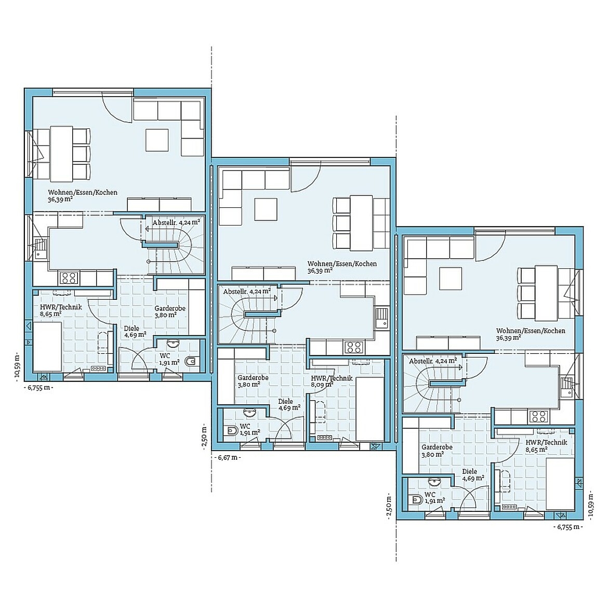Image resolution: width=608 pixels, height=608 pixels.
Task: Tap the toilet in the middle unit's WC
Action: (x=230, y=431)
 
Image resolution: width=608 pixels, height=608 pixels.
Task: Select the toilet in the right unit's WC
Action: (x=416, y=500)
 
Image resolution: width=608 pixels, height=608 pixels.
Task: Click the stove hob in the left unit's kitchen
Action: (x=69, y=277)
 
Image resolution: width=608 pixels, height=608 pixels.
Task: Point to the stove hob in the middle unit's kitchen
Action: (x=354, y=346)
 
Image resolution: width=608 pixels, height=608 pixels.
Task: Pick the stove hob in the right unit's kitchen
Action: (x=538, y=416)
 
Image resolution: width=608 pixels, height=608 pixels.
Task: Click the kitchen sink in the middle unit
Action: (x=382, y=316)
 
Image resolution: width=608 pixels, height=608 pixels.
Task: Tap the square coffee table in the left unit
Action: (x=157, y=140)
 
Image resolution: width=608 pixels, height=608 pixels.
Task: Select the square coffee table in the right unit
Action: (x=450, y=278)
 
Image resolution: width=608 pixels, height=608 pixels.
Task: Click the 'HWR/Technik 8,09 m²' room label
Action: (x=332, y=381)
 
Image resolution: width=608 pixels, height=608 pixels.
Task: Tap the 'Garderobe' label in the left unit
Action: (x=169, y=311)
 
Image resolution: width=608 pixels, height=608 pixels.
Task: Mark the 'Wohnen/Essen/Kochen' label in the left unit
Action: (x=83, y=195)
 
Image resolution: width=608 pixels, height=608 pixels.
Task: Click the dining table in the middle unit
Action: (x=361, y=222)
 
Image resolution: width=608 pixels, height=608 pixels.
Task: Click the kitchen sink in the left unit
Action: (x=40, y=247)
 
